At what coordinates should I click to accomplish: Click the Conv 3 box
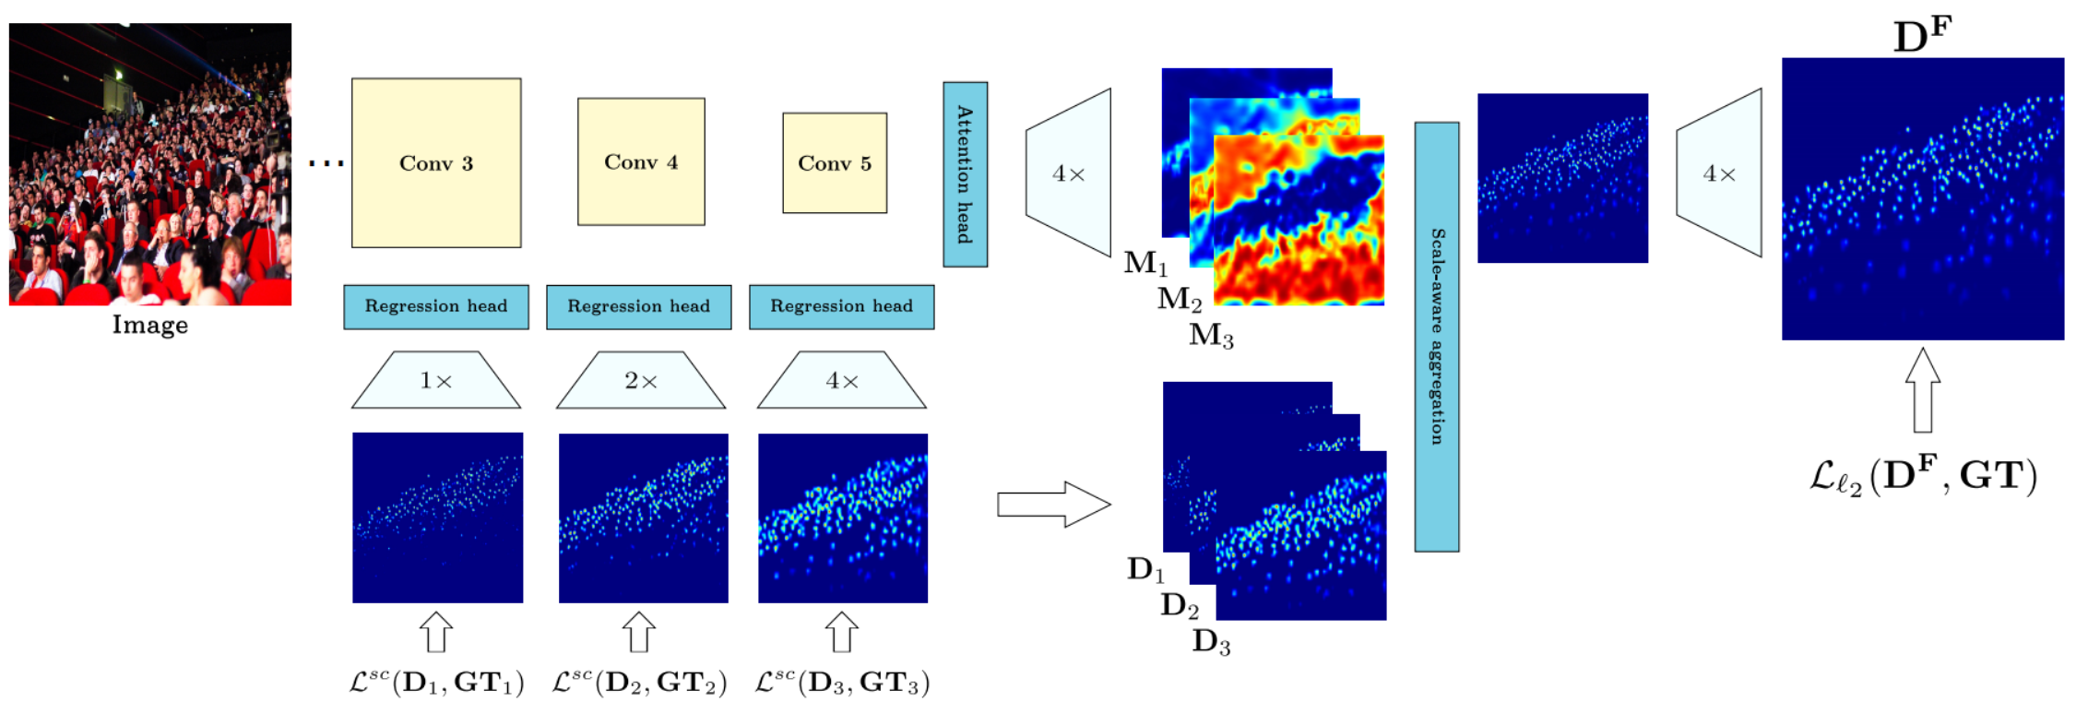tap(436, 162)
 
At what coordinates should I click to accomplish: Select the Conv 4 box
tap(641, 161)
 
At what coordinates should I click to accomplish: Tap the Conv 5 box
tap(835, 163)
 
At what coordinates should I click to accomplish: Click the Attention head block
tap(965, 174)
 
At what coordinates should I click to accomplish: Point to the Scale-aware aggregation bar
tap(1436, 337)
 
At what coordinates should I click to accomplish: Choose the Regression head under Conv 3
tap(436, 306)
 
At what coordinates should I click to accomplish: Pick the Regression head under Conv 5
tap(841, 306)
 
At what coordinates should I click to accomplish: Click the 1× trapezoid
tap(436, 380)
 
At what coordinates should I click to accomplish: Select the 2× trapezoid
tap(641, 380)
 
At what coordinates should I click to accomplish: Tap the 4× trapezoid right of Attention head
tap(1069, 173)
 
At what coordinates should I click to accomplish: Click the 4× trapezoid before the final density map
tap(1719, 173)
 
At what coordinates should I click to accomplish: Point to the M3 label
tap(1211, 335)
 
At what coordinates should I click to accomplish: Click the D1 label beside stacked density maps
tap(1145, 569)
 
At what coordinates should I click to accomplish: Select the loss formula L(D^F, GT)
tap(1923, 476)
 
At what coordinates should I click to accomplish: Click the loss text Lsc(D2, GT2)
tap(639, 682)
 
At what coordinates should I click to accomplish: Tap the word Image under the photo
tap(150, 325)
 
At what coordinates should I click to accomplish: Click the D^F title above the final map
tap(1923, 35)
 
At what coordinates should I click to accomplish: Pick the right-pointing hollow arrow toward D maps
tap(1053, 504)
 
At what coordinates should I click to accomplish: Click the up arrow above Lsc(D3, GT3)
tap(841, 633)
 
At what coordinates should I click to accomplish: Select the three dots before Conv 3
tap(326, 163)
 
